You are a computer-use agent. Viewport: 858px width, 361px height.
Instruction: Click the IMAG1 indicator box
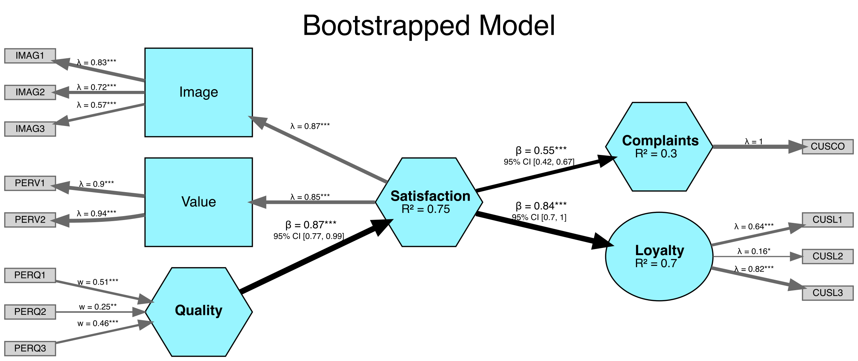point(30,56)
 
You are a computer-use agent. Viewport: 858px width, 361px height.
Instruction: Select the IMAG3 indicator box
point(30,129)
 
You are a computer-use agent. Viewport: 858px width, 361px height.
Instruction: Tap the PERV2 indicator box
point(30,220)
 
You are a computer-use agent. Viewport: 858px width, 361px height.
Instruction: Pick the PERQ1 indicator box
point(30,275)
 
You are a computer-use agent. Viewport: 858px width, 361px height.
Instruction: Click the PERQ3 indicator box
point(30,348)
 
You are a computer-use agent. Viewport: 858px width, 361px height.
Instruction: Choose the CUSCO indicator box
point(828,147)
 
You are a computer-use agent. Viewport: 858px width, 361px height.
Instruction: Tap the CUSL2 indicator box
point(828,256)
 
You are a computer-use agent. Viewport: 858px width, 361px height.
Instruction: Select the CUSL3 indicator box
point(828,293)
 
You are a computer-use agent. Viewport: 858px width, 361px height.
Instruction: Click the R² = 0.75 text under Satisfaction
point(425,209)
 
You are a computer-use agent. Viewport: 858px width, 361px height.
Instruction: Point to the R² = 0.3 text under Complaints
point(656,154)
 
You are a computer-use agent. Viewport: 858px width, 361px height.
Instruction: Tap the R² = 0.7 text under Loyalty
point(656,263)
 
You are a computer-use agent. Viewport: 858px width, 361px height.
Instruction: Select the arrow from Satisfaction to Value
point(315,202)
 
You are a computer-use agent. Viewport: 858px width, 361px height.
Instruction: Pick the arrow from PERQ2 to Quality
point(97,312)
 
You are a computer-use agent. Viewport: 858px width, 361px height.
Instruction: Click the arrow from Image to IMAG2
point(104,93)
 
